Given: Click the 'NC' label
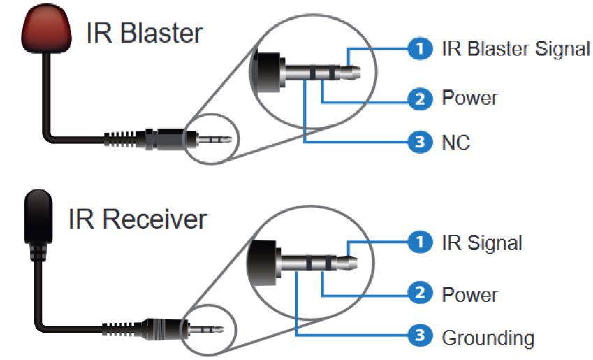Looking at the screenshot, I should pyautogui.click(x=455, y=143).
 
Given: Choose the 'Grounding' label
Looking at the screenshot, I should pyautogui.click(x=488, y=338).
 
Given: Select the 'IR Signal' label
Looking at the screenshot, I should pyautogui.click(x=481, y=243).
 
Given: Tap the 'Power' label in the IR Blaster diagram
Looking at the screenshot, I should pyautogui.click(x=469, y=97).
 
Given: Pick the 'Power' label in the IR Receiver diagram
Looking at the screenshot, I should pyautogui.click(x=469, y=294).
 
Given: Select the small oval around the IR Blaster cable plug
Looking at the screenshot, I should pyautogui.click(x=214, y=138).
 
